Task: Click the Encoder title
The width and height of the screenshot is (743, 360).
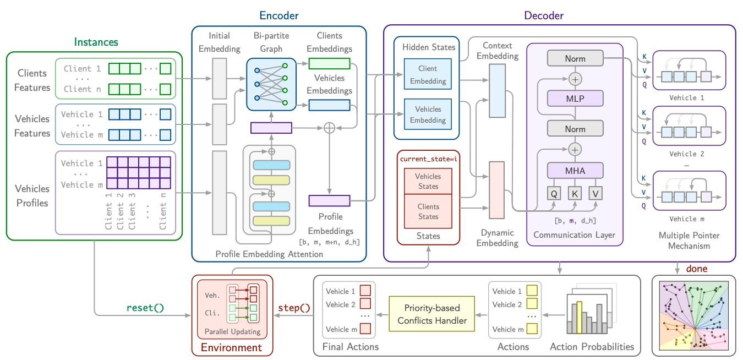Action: click(278, 15)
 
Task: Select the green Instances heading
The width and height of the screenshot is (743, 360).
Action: click(96, 42)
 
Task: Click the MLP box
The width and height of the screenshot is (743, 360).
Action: click(575, 99)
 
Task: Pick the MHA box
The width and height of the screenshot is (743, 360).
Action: click(575, 171)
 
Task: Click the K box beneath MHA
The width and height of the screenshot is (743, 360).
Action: click(575, 193)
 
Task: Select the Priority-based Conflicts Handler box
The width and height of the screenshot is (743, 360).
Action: click(432, 314)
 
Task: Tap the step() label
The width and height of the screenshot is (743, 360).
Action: click(294, 307)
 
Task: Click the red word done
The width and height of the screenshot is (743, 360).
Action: click(697, 269)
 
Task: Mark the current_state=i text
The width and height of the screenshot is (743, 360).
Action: click(428, 159)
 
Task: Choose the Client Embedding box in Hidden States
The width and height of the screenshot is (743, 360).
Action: click(428, 75)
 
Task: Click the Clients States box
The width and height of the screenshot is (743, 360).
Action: click(428, 211)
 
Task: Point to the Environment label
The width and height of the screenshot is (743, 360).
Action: click(231, 347)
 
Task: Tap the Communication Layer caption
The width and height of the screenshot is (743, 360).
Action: click(574, 235)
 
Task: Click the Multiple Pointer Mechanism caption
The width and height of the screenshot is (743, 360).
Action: click(689, 241)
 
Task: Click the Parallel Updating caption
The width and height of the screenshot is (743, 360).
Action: click(232, 332)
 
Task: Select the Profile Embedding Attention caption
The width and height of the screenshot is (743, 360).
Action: click(269, 254)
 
